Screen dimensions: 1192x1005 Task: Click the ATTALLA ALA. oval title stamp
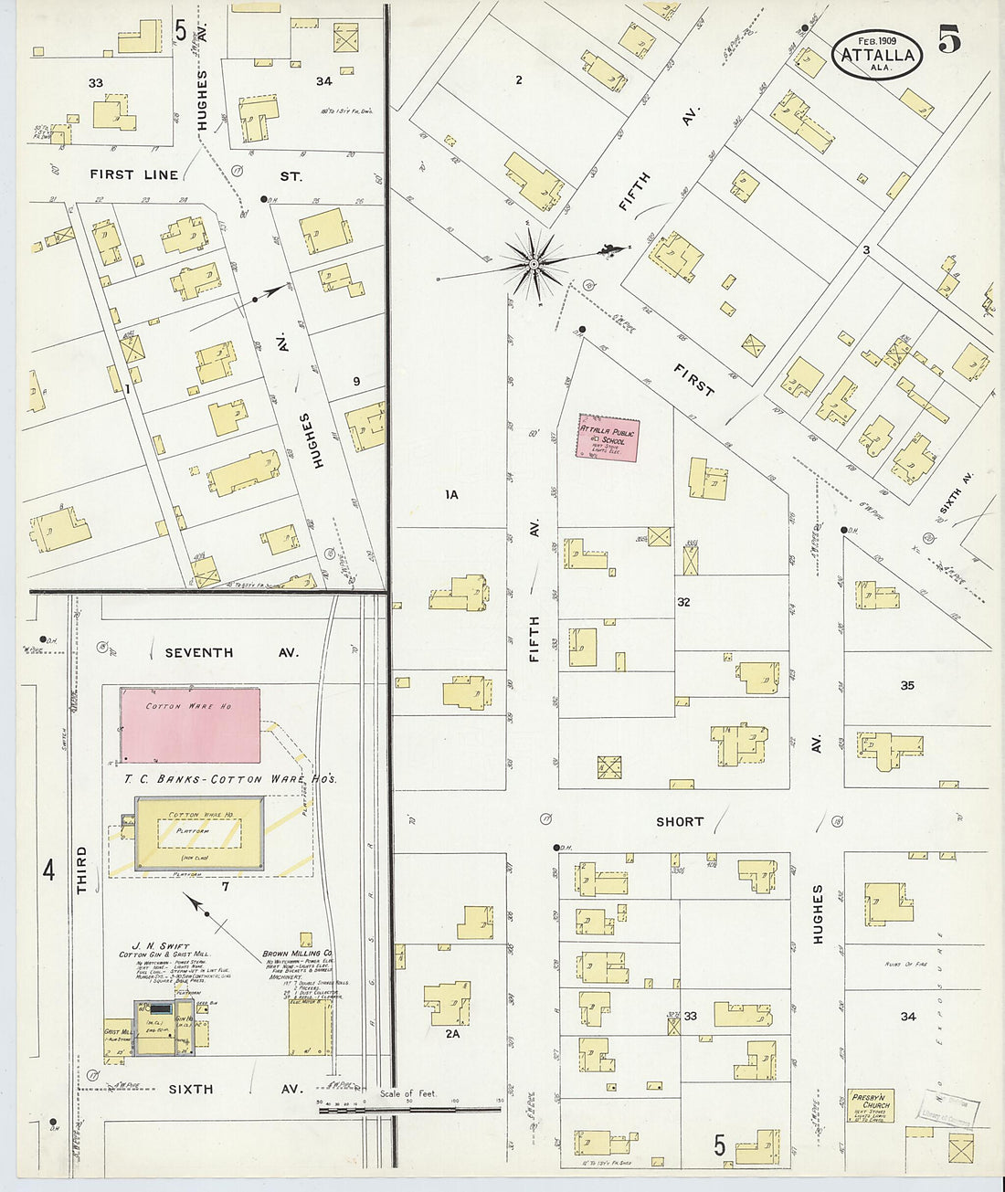point(877,55)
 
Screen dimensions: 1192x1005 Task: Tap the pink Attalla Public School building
point(608,438)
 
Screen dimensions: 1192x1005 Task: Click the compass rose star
point(534,265)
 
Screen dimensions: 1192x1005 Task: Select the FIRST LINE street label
point(134,174)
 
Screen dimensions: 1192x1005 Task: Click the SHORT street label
point(680,821)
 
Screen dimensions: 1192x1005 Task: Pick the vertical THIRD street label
point(81,870)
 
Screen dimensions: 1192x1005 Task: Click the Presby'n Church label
point(870,1105)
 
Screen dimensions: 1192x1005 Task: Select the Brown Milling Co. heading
point(298,953)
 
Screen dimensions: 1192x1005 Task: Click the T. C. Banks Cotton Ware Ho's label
point(230,779)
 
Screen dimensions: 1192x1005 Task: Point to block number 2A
point(452,1034)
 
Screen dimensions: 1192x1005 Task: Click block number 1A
point(451,494)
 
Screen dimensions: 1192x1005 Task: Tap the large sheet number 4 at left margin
point(49,870)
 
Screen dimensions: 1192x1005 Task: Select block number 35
point(906,685)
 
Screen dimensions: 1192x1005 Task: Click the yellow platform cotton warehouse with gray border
point(200,833)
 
